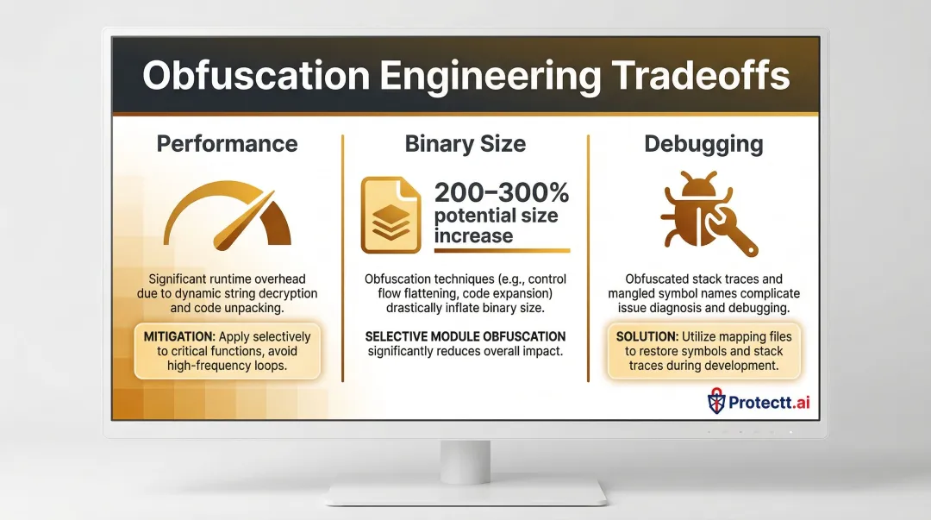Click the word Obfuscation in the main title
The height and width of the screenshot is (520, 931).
pyautogui.click(x=256, y=76)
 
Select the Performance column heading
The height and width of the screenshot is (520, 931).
pyautogui.click(x=227, y=144)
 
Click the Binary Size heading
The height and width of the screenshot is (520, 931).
pyautogui.click(x=465, y=144)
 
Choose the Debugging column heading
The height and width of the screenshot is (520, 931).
pyautogui.click(x=703, y=144)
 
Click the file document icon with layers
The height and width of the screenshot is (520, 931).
pyautogui.click(x=391, y=215)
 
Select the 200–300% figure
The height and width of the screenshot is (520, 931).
pyautogui.click(x=501, y=192)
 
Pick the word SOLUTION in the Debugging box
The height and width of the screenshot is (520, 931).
pyautogui.click(x=646, y=335)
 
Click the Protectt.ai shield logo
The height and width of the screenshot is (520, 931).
pyautogui.click(x=716, y=400)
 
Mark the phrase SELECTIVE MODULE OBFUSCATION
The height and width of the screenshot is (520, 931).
pyautogui.click(x=465, y=335)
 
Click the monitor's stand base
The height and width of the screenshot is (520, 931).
pyautogui.click(x=465, y=492)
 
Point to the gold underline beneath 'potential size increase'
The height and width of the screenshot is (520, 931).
pyautogui.click(x=501, y=251)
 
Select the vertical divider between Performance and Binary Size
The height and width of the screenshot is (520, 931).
pyautogui.click(x=343, y=257)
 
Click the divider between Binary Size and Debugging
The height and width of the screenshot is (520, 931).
pyautogui.click(x=589, y=257)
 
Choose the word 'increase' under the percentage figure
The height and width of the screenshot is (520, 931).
pyautogui.click(x=473, y=235)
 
